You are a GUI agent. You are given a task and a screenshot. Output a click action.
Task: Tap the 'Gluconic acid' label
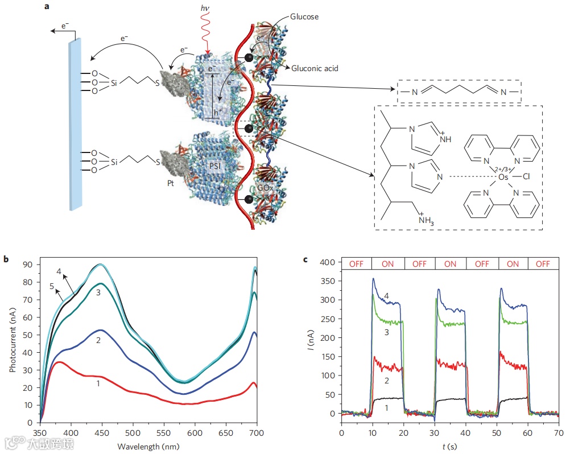[x=315, y=68]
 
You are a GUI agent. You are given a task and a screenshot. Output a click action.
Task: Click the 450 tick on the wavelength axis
[x=102, y=432]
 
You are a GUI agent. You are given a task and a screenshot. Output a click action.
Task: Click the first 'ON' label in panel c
[x=388, y=264]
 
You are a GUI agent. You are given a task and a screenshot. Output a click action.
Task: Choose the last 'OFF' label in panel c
[x=543, y=264]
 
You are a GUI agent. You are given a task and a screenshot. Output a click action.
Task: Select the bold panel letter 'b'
[x=6, y=259]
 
